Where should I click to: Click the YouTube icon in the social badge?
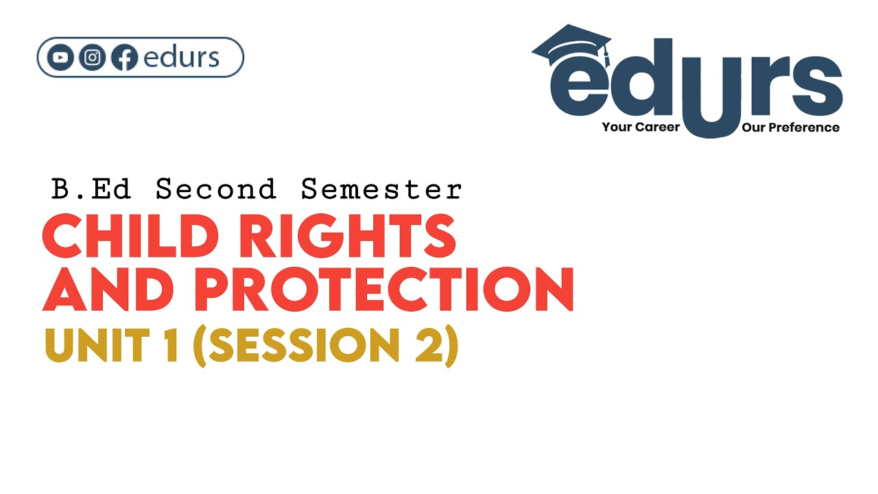(x=61, y=58)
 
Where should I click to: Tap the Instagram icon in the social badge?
(x=93, y=58)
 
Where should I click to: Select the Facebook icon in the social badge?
(x=124, y=58)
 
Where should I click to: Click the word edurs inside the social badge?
(x=181, y=58)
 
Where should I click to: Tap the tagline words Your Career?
(x=641, y=128)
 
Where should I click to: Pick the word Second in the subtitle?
(x=215, y=189)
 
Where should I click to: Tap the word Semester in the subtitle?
(x=381, y=189)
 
